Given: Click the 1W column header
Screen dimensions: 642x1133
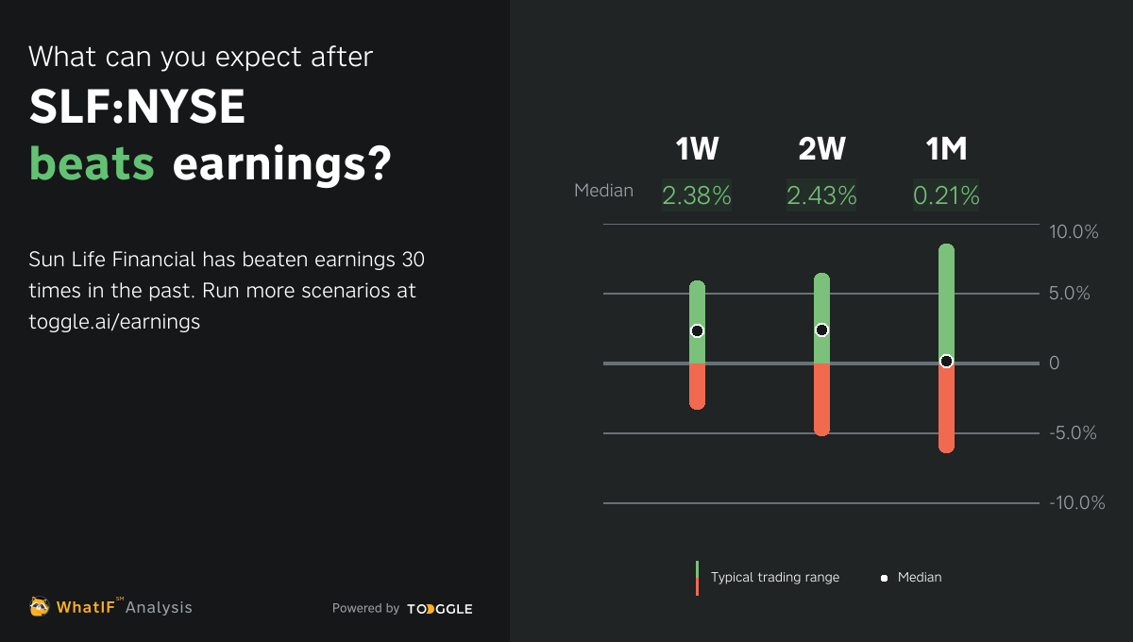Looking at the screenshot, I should pos(697,149).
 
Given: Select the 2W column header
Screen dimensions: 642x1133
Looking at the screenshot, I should pos(821,149).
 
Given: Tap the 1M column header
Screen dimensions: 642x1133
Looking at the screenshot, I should pos(946,149).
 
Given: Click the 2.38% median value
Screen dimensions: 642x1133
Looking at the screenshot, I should pos(697,195).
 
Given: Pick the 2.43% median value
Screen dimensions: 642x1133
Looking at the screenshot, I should pos(821,195).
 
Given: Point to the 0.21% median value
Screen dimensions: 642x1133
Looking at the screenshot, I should pos(946,195).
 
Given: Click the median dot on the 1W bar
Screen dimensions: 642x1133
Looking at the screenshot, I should pos(697,330).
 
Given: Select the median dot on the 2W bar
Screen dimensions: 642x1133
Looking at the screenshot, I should pos(821,329).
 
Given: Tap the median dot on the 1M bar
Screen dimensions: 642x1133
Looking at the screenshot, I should pos(946,361).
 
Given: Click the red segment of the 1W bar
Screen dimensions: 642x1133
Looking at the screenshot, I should pos(697,386).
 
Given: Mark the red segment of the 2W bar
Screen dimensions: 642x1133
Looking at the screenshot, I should pos(821,399).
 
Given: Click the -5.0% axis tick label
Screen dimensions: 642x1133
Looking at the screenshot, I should pos(1074,433).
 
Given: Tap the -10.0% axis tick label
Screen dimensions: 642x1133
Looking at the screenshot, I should pos(1076,503).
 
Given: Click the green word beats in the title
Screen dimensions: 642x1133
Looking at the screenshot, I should pos(92,163).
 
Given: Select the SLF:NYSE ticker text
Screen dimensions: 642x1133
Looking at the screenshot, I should pos(138,109).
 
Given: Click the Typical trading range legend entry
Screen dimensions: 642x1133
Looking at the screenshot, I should pos(774,577).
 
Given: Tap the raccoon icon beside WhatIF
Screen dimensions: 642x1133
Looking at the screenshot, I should pos(40,606).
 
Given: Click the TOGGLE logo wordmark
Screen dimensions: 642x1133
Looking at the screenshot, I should pos(440,609).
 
